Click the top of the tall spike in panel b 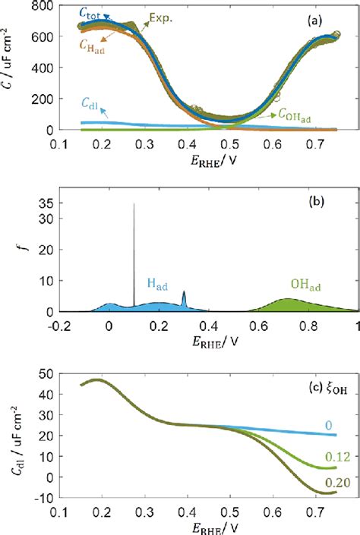point(134,203)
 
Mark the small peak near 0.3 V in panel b point(183,292)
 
